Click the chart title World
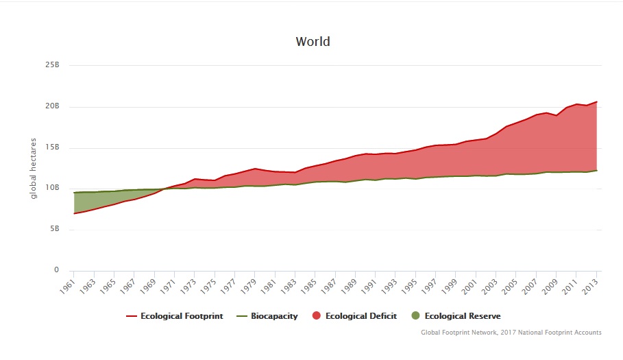point(313,41)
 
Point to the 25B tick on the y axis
point(53,64)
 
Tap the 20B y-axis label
point(53,106)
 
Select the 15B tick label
point(53,147)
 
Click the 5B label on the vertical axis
point(55,228)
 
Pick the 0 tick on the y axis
point(56,269)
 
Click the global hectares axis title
point(33,169)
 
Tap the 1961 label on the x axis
point(68,286)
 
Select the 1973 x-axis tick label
point(188,286)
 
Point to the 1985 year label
point(308,286)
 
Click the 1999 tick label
point(449,286)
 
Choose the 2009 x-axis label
point(550,286)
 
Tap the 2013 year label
point(589,286)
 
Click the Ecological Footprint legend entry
point(174,316)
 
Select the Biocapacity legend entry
point(267,316)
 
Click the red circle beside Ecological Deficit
point(316,316)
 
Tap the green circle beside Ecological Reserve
point(415,316)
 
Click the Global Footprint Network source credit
point(511,332)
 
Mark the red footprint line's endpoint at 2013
point(597,101)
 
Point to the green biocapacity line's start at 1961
point(74,192)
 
